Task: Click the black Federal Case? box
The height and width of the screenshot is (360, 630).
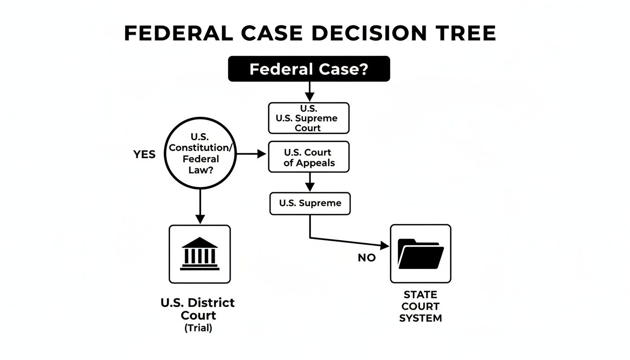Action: pos(309,69)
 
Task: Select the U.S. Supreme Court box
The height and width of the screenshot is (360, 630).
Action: pos(309,118)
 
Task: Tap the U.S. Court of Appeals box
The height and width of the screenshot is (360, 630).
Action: pos(309,157)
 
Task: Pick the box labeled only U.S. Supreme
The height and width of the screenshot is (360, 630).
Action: pos(310,203)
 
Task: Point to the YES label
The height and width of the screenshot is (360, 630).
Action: pos(144,155)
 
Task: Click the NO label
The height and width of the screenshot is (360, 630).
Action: pos(367,258)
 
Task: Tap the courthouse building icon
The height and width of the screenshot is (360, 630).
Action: pos(200,254)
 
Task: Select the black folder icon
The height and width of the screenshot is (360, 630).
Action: pos(420,254)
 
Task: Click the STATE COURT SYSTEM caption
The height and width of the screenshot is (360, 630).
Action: pos(420,307)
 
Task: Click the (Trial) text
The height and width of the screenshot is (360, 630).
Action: pos(198,328)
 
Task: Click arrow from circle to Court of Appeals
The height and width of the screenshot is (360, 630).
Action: pos(251,154)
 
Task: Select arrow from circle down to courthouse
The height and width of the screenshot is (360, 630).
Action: pos(200,206)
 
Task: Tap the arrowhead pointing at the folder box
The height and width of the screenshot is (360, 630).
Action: pos(385,245)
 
